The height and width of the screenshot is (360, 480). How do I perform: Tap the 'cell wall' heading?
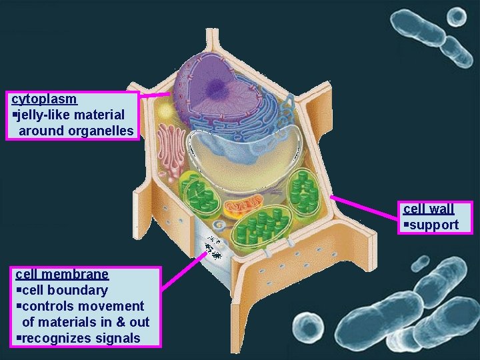coord(429,209)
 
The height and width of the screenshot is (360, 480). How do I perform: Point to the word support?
coord(434,225)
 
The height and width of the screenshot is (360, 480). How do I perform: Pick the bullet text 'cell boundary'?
coord(64,290)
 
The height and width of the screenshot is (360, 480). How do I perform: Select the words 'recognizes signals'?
coord(81,338)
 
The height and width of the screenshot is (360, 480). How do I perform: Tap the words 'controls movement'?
coord(83,306)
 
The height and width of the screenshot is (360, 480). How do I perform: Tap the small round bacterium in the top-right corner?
coord(457,16)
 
